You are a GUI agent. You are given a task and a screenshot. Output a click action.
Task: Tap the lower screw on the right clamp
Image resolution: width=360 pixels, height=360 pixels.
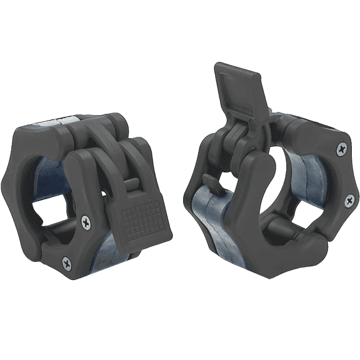click(349, 201)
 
